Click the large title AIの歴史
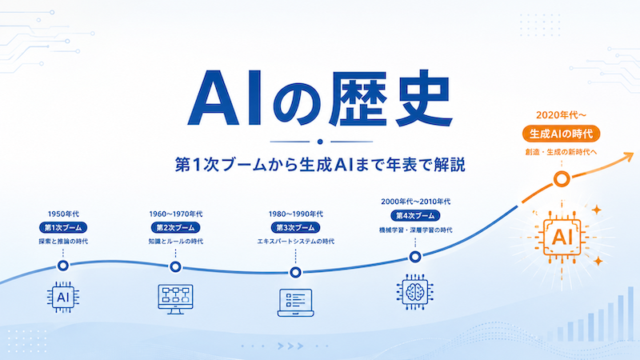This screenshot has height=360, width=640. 319,98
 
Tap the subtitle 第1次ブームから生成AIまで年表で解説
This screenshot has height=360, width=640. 321,165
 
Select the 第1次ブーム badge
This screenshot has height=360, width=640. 63,227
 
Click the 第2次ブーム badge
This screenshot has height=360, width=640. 175,227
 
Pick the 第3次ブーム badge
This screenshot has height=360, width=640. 295,227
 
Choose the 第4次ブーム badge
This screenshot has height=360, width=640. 415,215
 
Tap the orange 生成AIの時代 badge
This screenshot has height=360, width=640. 562,134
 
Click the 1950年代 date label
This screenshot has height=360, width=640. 63,214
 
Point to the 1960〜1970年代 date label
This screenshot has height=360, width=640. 175,214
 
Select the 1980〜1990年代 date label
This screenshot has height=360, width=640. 295,214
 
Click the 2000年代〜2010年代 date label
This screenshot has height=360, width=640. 415,202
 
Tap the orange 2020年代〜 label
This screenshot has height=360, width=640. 562,115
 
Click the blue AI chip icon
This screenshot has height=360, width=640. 63,297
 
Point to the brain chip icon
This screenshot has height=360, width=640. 415,292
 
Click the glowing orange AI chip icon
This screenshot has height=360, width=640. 562,237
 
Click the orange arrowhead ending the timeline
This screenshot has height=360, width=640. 628,157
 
